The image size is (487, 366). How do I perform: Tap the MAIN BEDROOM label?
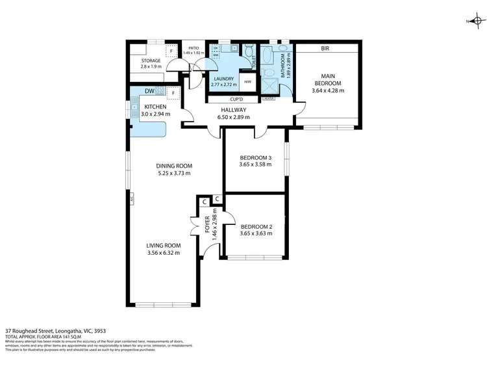point(327,83)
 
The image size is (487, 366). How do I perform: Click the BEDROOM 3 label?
point(255,158)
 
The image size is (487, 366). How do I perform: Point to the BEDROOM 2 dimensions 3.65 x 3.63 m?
point(255,233)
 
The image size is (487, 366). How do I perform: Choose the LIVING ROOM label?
point(163,245)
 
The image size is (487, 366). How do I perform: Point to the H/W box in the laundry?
point(248,82)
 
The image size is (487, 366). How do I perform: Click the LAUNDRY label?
point(223,79)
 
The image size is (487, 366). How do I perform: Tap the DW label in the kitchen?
point(149,91)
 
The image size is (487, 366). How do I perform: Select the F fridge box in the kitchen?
point(173,92)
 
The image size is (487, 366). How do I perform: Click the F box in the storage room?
point(171,51)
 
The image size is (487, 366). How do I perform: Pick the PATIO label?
point(193,47)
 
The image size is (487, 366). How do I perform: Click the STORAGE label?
point(151,61)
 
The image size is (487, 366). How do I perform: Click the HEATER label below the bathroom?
point(269,98)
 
